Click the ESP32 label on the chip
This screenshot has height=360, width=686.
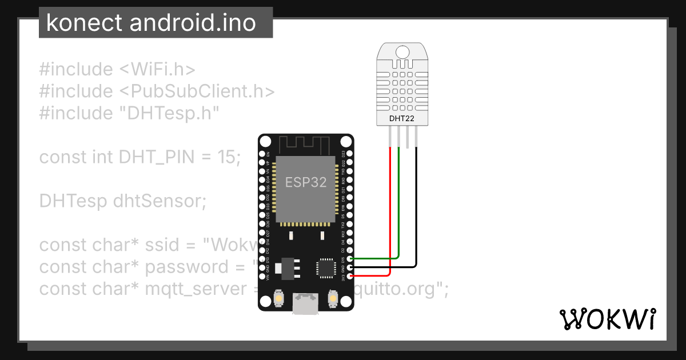pyautogui.click(x=306, y=182)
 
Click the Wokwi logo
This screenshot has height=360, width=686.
pyautogui.click(x=607, y=319)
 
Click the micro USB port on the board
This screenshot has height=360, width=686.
pyautogui.click(x=306, y=304)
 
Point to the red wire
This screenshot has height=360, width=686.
pyautogui.click(x=390, y=217)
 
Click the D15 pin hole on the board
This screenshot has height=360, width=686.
pyautogui.click(x=349, y=258)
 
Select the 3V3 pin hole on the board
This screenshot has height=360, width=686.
pyautogui.click(x=349, y=277)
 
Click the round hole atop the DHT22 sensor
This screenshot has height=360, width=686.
pyautogui.click(x=402, y=52)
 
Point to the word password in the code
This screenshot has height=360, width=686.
pyautogui.click(x=186, y=267)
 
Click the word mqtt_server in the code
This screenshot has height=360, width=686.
pyautogui.click(x=194, y=289)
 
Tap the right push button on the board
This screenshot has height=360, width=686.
pyautogui.click(x=333, y=298)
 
